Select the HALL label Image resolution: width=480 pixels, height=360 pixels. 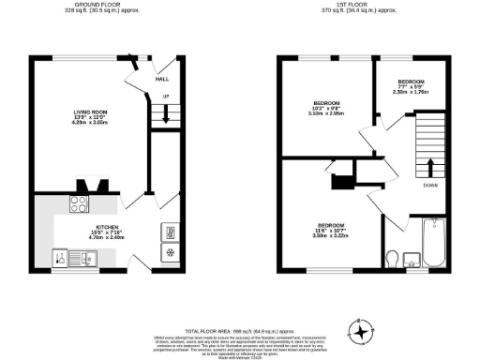click(x=161, y=80)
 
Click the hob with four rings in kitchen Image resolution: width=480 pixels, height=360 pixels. click(x=78, y=208)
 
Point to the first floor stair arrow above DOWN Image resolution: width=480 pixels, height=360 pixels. click(x=430, y=168)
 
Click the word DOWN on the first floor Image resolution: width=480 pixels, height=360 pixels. click(x=430, y=186)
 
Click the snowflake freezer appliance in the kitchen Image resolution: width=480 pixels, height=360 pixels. click(x=170, y=252)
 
